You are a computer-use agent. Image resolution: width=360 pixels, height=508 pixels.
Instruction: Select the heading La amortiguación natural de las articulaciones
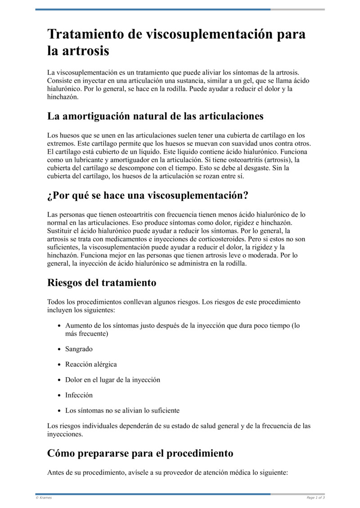point(155,116)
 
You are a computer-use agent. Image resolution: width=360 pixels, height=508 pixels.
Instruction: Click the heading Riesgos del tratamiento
point(102,283)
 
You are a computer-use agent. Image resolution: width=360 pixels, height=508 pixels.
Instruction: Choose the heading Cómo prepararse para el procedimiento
point(140,453)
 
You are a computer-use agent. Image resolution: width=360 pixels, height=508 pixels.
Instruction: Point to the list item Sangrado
point(79,349)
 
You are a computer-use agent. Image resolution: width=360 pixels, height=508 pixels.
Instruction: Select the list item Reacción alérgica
point(91,364)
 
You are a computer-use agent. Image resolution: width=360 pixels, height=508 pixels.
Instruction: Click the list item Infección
point(79,395)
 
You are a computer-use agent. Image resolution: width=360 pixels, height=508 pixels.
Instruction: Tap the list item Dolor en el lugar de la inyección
point(112,380)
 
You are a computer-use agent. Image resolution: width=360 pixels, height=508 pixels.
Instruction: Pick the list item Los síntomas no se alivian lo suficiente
point(122,410)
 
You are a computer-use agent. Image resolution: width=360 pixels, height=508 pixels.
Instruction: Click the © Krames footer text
point(44,498)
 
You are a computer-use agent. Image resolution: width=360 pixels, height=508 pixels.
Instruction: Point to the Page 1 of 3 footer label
point(315,498)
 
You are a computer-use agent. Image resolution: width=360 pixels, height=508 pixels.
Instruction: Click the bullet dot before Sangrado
point(60,349)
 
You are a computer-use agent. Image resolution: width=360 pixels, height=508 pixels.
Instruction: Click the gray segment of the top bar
point(297,9)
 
